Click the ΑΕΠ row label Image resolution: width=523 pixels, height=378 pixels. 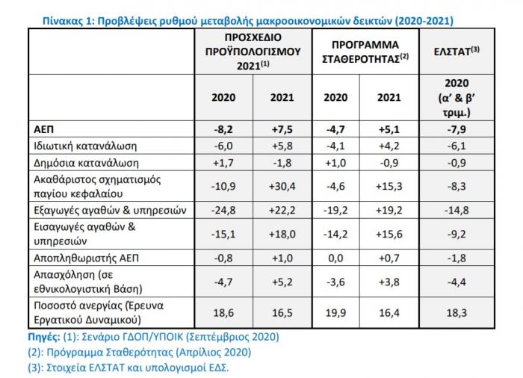coord(43,129)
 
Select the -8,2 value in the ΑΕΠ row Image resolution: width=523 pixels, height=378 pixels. coord(223,129)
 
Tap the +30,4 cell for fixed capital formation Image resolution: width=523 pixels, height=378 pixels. coord(282,186)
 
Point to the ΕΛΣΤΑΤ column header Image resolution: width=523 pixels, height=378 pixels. coord(457,51)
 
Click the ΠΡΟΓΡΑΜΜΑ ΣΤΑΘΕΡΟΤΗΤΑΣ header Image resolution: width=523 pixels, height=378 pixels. coord(365,52)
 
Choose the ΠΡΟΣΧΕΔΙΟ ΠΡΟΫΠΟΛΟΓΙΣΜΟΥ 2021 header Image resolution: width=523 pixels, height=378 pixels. coord(253,52)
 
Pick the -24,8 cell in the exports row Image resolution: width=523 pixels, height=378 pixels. coord(223,210)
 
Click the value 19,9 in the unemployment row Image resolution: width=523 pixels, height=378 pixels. coord(335,313)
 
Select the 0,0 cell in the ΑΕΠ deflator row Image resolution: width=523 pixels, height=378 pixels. coord(335,258)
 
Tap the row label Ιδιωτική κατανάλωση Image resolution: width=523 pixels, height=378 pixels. coord(85,146)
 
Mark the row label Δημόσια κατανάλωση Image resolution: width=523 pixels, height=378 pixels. coord(86,163)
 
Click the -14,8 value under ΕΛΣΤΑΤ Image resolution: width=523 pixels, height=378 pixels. coord(457,210)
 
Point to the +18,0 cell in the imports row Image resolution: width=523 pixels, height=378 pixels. coord(282,234)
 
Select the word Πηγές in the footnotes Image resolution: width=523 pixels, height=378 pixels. coord(44,337)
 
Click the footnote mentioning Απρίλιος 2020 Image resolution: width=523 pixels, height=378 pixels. coord(140,353)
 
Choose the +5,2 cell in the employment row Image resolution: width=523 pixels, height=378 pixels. coord(282,282)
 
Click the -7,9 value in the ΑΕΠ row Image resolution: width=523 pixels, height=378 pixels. coord(457,129)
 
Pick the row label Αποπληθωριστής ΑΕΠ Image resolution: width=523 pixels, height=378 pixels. coord(87,258)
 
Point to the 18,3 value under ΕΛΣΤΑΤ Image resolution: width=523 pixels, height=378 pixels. coord(457,313)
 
